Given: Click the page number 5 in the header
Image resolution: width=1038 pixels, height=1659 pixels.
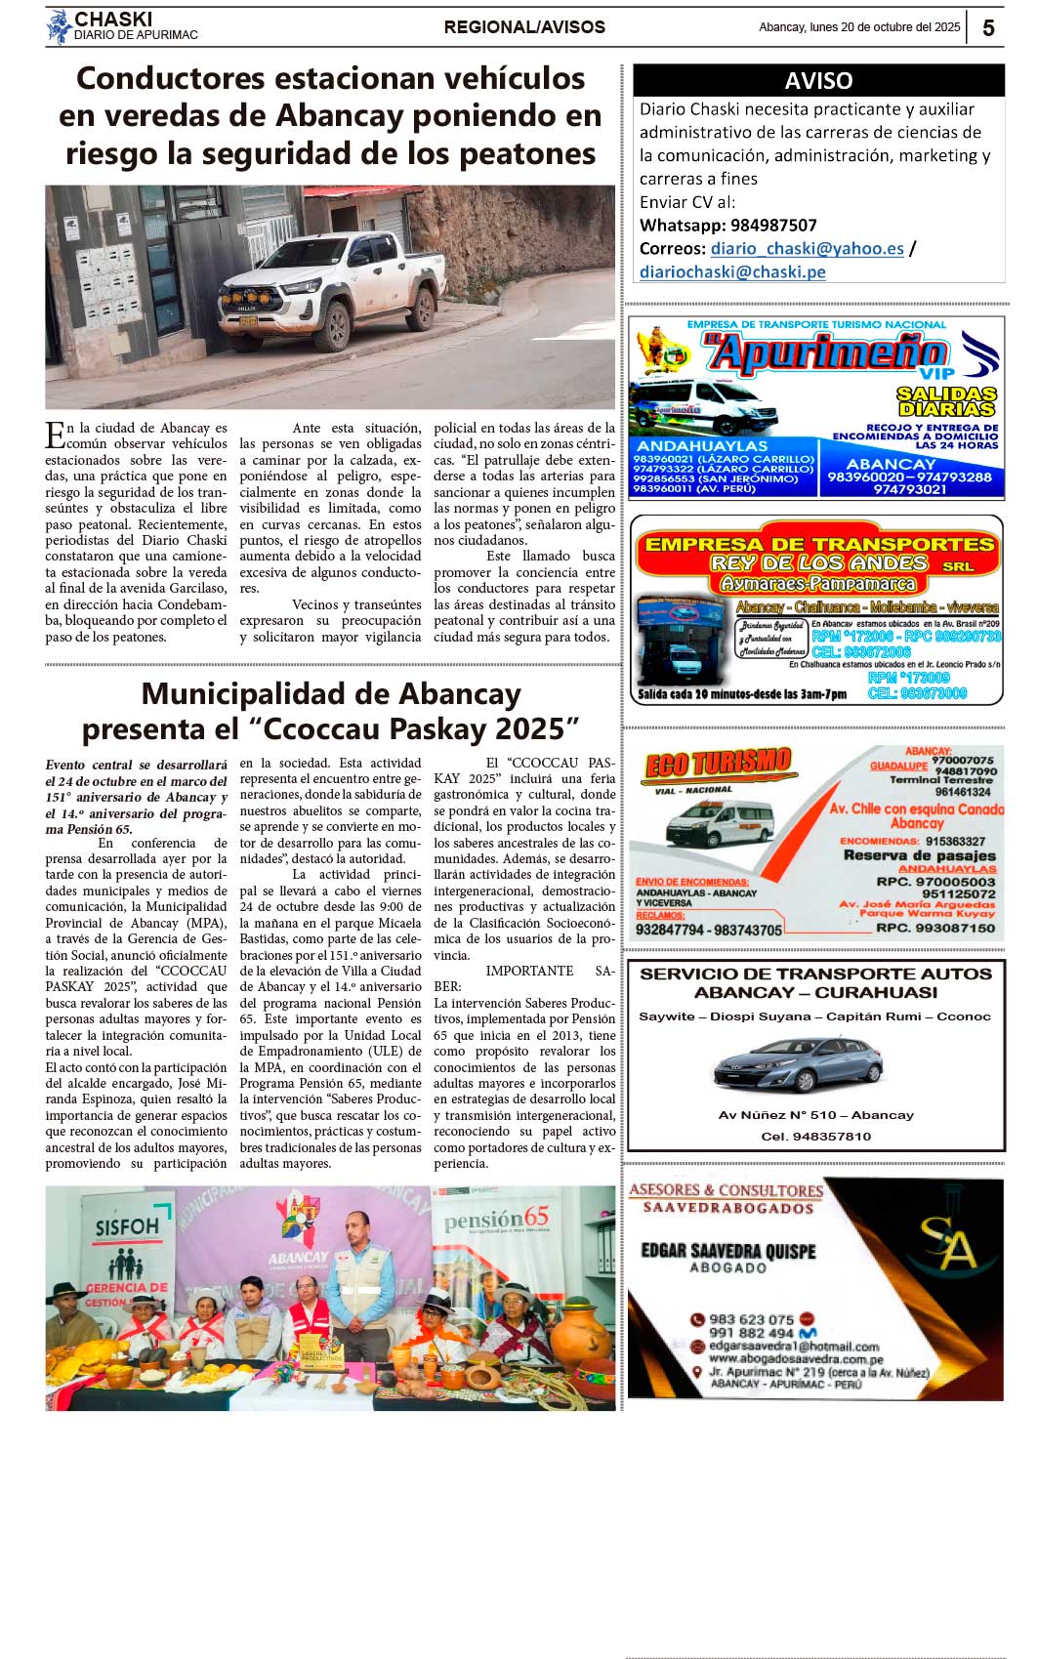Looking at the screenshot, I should pyautogui.click(x=987, y=28).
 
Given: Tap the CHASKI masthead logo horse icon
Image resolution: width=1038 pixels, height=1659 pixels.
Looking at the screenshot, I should pyautogui.click(x=60, y=26).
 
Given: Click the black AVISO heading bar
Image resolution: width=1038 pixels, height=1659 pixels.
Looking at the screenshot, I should pyautogui.click(x=818, y=80).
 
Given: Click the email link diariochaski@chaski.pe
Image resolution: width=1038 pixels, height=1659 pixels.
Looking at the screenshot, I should pyautogui.click(x=732, y=272).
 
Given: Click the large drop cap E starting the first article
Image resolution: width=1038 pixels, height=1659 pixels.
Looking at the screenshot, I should pyautogui.click(x=56, y=435).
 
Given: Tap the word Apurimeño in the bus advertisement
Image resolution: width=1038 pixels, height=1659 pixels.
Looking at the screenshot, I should pyautogui.click(x=826, y=353).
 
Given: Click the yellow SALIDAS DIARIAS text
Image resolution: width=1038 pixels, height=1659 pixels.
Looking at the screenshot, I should pyautogui.click(x=946, y=400).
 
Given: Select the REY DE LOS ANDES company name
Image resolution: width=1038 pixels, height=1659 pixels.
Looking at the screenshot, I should pyautogui.click(x=818, y=563).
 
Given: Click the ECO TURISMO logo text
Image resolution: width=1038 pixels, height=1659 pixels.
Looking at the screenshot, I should pyautogui.click(x=718, y=765).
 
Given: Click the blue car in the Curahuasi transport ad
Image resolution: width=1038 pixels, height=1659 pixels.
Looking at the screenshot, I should pyautogui.click(x=797, y=1065).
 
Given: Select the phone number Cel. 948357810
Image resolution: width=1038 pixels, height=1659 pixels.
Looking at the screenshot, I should pyautogui.click(x=815, y=1137).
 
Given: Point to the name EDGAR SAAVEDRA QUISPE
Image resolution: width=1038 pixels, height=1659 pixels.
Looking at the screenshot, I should pyautogui.click(x=727, y=1251).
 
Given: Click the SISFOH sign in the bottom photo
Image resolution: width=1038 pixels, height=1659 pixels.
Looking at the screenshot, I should pyautogui.click(x=127, y=1227).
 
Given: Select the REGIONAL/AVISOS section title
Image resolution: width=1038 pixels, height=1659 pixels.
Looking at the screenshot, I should pyautogui.click(x=524, y=27).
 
